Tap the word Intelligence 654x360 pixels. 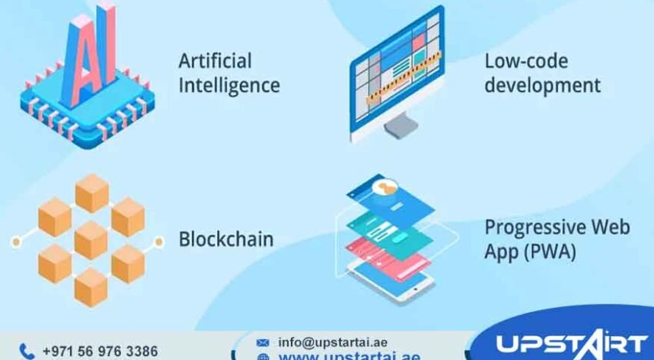(229, 85)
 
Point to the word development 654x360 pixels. (542, 85)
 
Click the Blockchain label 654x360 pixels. (225, 239)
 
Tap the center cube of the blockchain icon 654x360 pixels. (91, 239)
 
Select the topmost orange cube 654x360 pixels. (92, 192)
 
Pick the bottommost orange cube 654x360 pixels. (91, 286)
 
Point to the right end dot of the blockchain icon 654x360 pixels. (159, 242)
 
